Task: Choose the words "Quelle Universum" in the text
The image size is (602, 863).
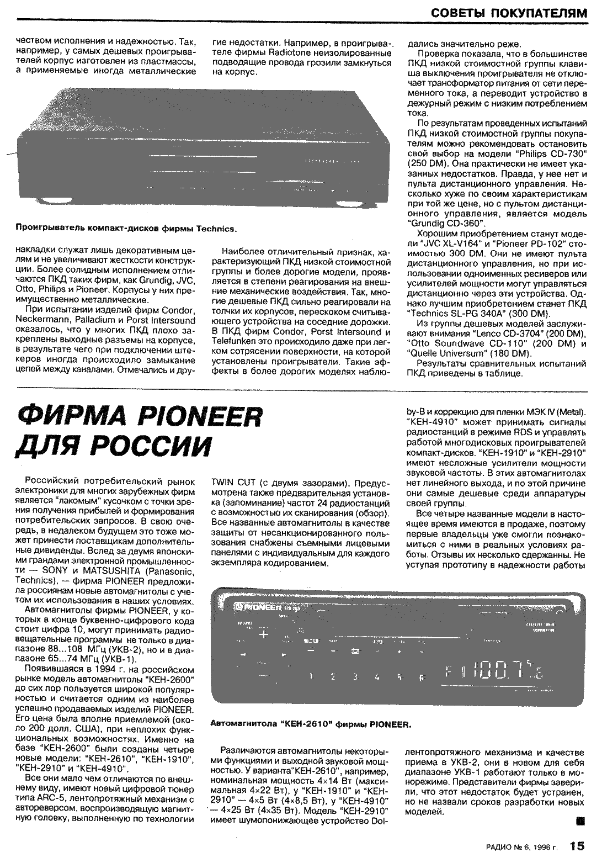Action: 445,353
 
